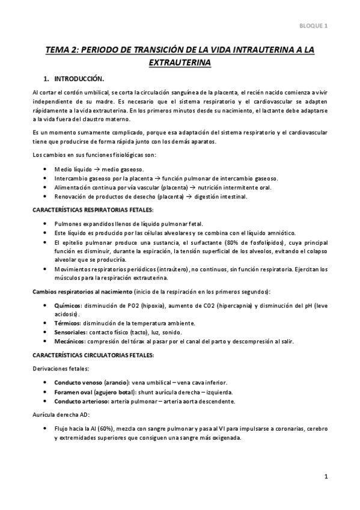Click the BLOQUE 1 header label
pos(314,25)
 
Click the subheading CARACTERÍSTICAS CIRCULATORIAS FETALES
pos(93,355)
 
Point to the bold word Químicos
pos(67,306)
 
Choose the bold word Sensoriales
pos(70,332)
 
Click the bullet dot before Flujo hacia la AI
pos(46,429)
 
